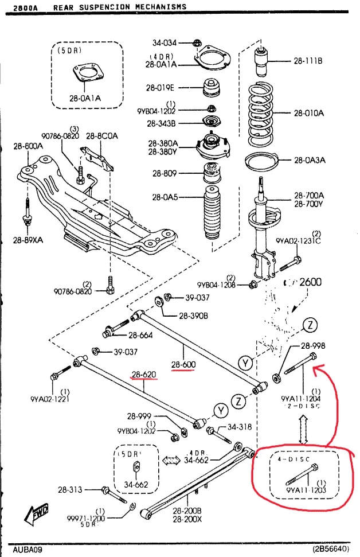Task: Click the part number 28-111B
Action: (x=308, y=60)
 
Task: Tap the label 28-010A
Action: (x=308, y=113)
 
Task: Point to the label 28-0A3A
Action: (x=310, y=161)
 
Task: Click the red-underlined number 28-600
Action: (x=183, y=365)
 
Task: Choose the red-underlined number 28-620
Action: (x=144, y=375)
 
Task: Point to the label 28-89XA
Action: (x=28, y=240)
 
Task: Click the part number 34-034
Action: (x=165, y=42)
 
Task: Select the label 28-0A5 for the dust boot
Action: (x=165, y=197)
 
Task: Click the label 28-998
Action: (x=312, y=345)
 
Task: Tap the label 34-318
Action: (x=240, y=427)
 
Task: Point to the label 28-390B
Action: (x=193, y=315)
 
